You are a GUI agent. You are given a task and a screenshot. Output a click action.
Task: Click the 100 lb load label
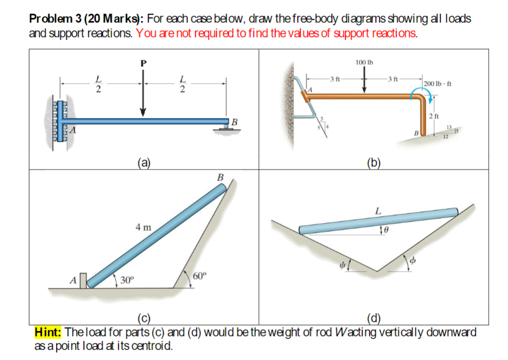tap(364, 63)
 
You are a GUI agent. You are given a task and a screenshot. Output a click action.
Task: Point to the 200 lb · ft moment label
tap(438, 84)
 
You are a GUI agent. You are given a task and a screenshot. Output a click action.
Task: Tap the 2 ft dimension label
tap(434, 116)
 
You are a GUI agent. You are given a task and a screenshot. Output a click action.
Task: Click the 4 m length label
tap(143, 228)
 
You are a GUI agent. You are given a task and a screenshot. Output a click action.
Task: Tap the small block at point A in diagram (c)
tap(83, 279)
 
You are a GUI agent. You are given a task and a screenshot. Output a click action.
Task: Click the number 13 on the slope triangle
tap(449, 127)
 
